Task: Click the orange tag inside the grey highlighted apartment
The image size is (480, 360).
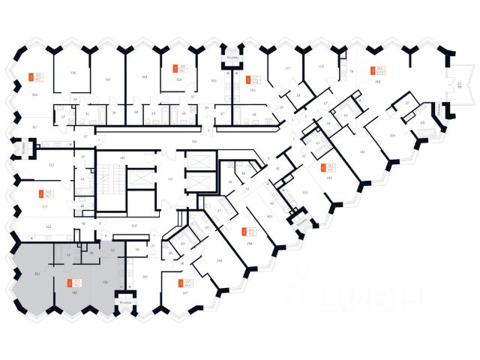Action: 70,283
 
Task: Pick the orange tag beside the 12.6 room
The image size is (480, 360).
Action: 175,68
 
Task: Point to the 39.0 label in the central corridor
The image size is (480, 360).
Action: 193,141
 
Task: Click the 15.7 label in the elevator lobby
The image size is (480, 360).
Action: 169,178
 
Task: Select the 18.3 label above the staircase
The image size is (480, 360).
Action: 121,158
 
